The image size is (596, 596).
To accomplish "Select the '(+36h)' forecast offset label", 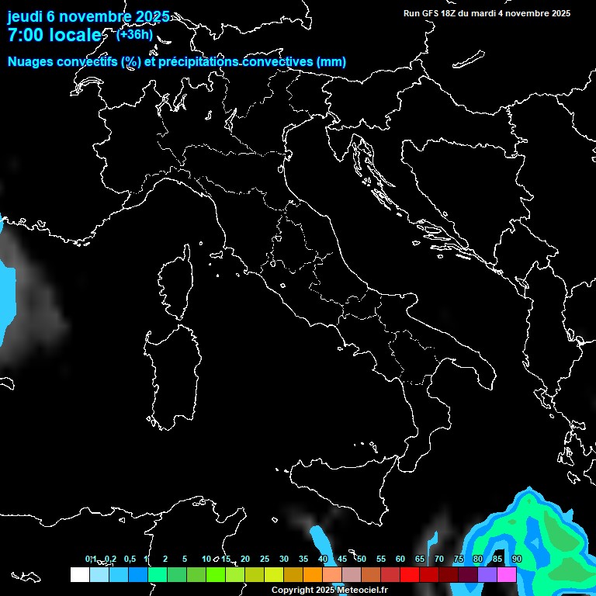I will [x=134, y=34].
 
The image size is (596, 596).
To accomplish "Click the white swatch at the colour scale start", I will [x=79, y=575].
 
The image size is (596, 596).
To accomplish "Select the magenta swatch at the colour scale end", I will [x=507, y=575].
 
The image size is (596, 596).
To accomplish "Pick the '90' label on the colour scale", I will [x=517, y=560].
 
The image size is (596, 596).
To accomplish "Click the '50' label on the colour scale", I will [x=362, y=560].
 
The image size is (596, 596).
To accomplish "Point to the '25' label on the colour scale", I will [x=265, y=560].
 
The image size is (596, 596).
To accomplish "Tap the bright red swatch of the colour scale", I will [x=410, y=575].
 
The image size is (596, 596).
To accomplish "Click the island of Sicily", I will [x=341, y=489].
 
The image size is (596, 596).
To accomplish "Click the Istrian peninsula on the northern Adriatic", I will [x=335, y=144].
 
